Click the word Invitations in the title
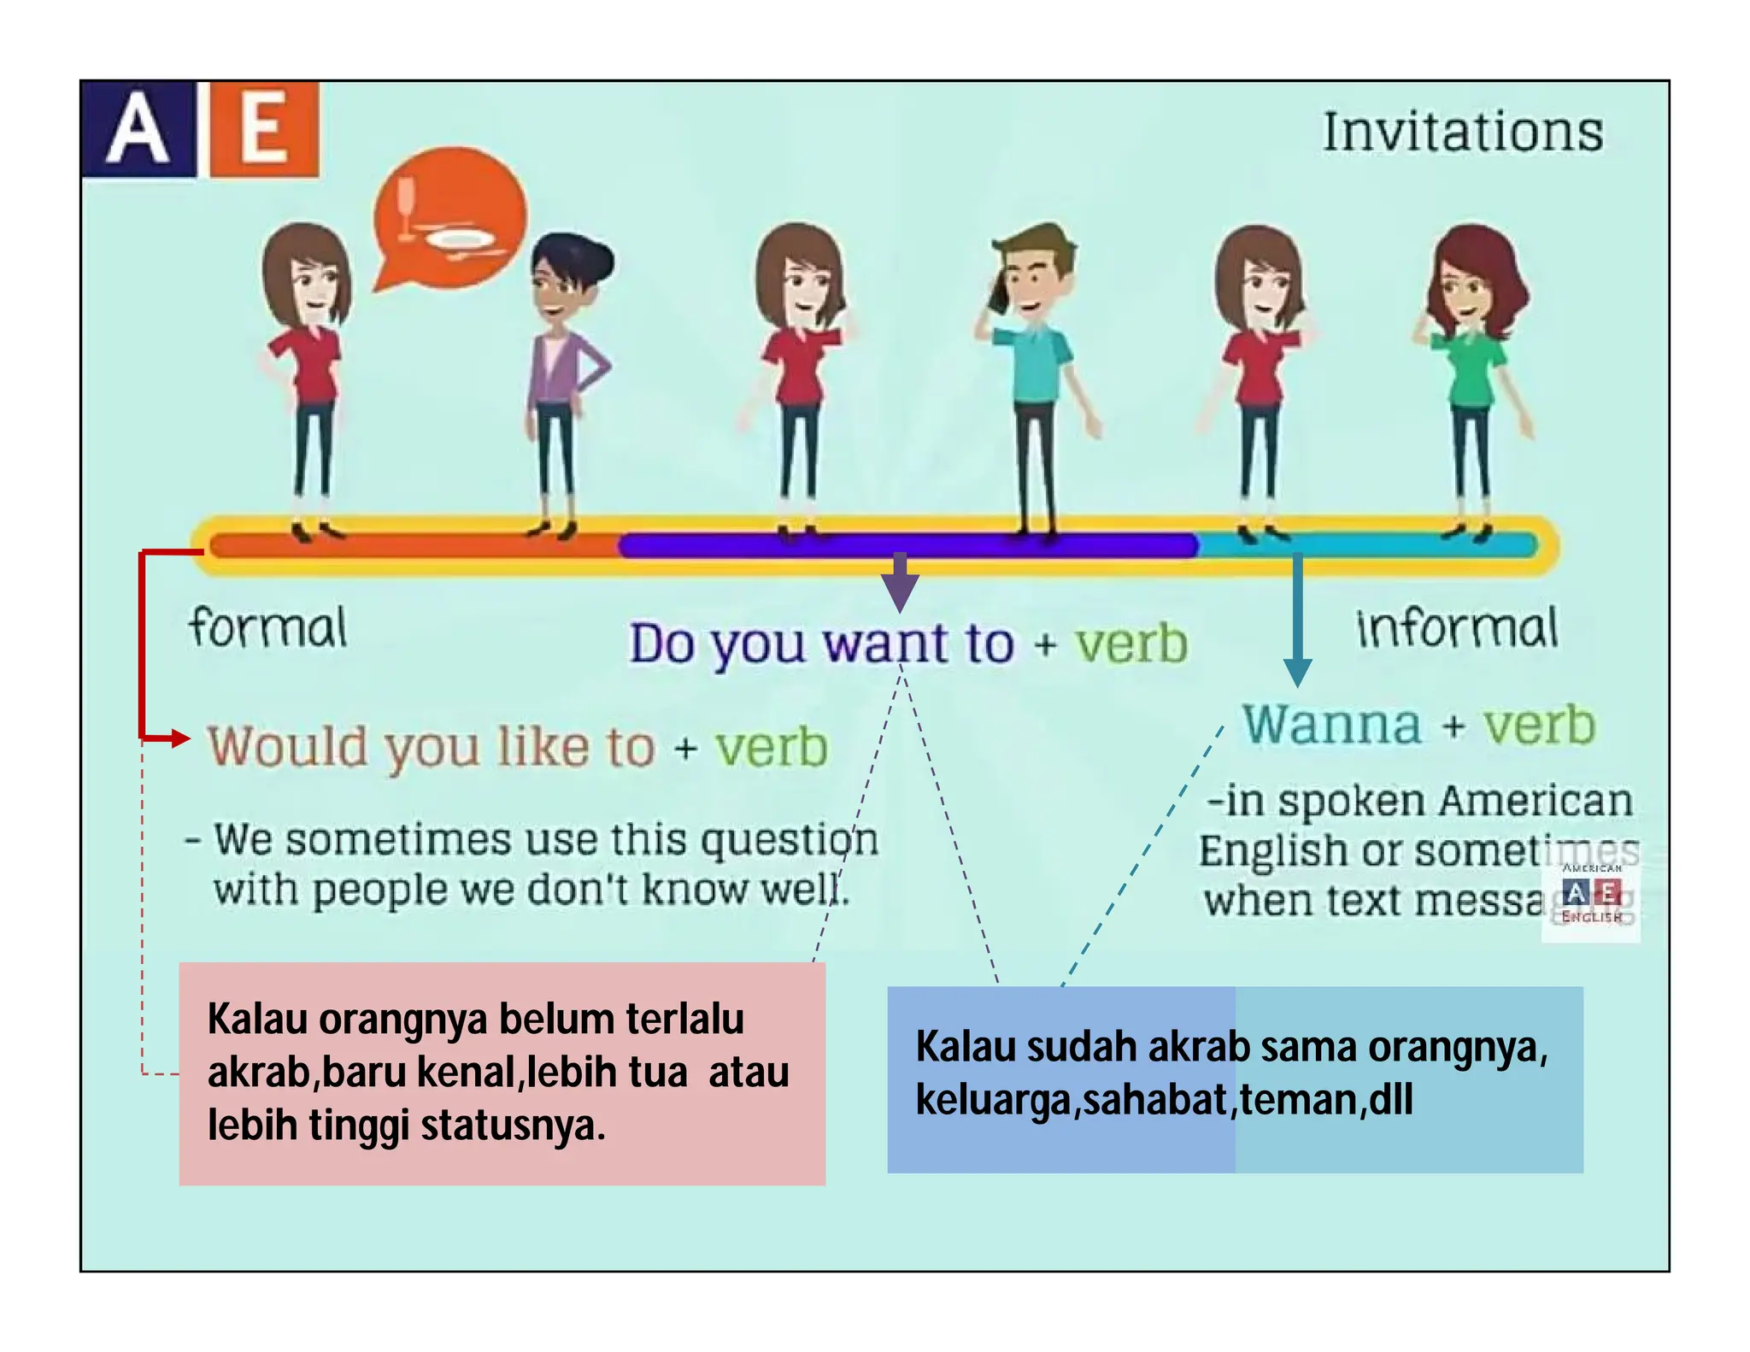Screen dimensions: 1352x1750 click(x=1462, y=132)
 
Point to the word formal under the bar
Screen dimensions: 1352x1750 click(x=267, y=628)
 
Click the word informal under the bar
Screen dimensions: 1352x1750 click(x=1457, y=628)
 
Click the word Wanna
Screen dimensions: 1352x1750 click(x=1331, y=726)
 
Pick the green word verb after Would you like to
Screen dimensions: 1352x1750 click(x=772, y=747)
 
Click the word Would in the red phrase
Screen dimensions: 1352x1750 click(x=286, y=747)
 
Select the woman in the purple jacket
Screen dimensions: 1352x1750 click(x=561, y=376)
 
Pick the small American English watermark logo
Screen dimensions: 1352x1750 click(x=1591, y=893)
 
